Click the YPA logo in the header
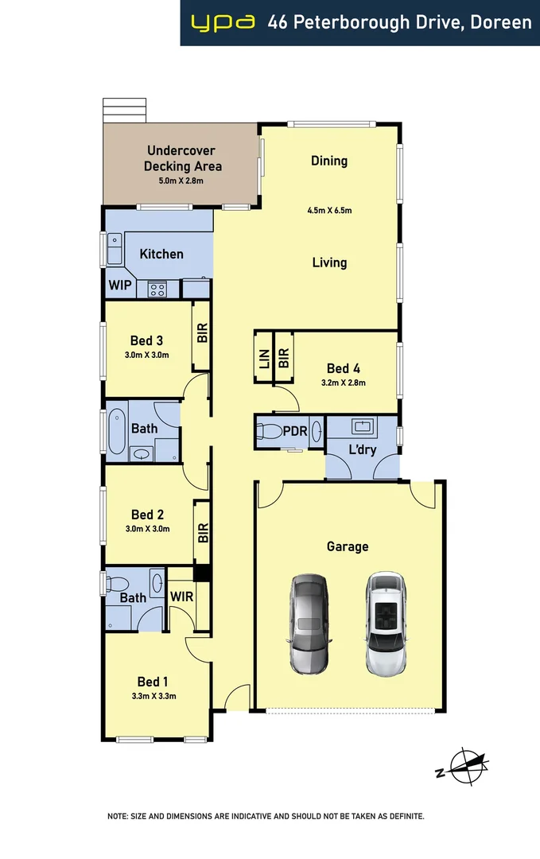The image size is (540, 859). (223, 23)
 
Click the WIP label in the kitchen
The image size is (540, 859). (119, 285)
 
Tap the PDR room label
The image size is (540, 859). (295, 432)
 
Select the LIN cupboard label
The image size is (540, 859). (263, 359)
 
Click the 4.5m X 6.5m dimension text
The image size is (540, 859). (329, 211)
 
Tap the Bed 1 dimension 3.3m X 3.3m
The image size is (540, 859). (153, 696)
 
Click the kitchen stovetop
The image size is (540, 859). (156, 290)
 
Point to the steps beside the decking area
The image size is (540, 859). (125, 109)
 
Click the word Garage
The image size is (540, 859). (348, 546)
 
